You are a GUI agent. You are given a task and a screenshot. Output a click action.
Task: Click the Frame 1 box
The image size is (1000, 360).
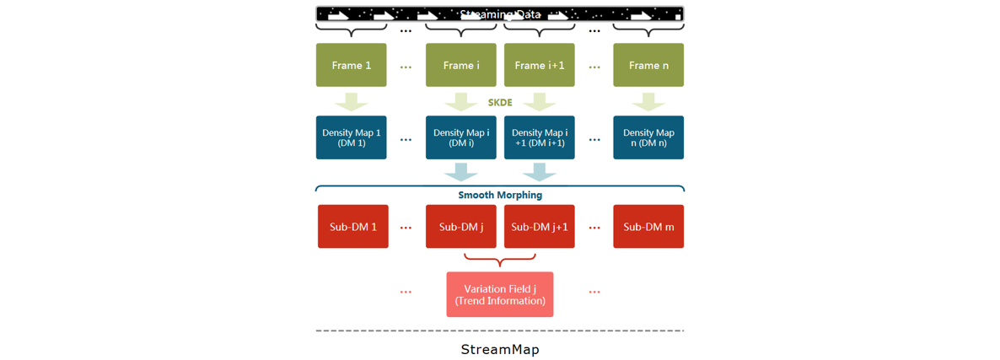[x=351, y=65]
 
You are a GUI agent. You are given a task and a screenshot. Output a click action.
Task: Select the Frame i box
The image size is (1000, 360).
[x=460, y=65]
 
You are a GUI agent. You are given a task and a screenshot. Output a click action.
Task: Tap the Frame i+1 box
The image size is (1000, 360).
[x=539, y=65]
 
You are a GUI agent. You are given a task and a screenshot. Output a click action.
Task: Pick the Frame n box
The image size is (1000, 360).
[x=648, y=65]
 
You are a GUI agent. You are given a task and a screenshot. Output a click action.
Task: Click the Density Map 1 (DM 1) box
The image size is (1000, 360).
[x=351, y=137]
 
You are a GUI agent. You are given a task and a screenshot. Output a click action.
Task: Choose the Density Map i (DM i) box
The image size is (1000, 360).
[x=460, y=137]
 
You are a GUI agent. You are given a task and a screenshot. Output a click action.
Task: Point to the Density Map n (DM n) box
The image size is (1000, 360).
[x=648, y=137]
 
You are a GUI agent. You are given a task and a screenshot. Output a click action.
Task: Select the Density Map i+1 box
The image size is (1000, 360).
[x=539, y=137]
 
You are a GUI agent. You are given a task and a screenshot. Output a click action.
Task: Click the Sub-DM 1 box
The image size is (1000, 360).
[x=352, y=227]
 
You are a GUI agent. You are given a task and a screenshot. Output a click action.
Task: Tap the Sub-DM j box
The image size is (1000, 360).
[x=460, y=227]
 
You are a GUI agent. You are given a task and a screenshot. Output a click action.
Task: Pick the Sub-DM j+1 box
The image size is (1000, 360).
[x=539, y=227]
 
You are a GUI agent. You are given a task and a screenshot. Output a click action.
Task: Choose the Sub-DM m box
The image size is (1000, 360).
[x=648, y=227]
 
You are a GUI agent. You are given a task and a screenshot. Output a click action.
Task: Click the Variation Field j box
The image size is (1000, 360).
[x=499, y=294]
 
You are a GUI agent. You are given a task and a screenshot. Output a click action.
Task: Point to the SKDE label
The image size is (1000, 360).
[x=500, y=103]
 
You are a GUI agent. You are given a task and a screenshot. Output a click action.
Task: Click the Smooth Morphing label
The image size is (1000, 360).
[x=500, y=195]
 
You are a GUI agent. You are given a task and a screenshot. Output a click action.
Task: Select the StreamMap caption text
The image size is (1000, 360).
[x=500, y=349]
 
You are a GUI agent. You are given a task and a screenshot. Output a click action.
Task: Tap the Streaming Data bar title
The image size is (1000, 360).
[x=500, y=14]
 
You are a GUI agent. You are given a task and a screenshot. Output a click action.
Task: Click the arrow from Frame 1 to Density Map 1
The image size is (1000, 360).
[x=351, y=101]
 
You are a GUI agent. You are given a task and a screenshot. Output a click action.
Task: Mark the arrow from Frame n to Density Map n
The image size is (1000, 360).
[x=648, y=101]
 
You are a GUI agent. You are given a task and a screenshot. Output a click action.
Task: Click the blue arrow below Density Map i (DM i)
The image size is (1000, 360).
[x=460, y=171]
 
